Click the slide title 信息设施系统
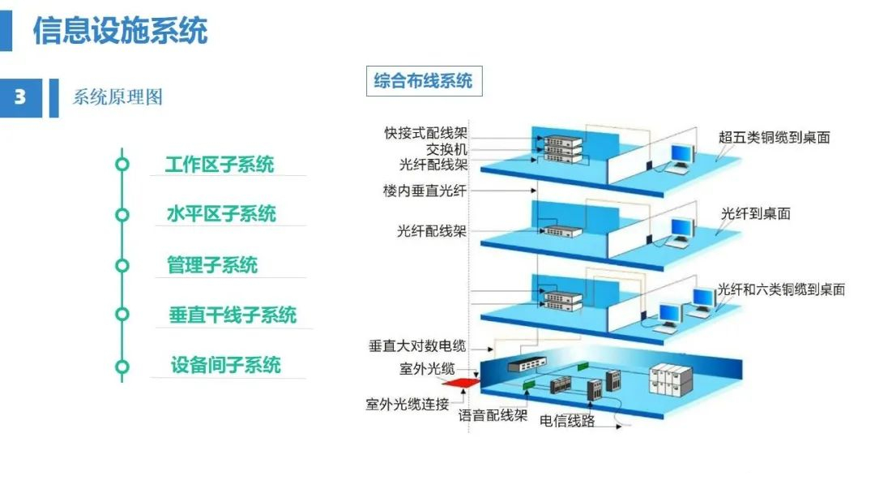click(x=120, y=29)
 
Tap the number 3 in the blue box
click(x=20, y=97)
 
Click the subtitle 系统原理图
click(x=117, y=97)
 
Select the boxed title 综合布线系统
click(x=424, y=81)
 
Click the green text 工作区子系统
click(x=220, y=164)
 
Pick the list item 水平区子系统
click(x=221, y=214)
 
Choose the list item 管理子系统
click(x=212, y=264)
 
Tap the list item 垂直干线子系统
click(x=233, y=315)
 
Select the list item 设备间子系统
click(x=225, y=365)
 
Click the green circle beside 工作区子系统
click(x=122, y=164)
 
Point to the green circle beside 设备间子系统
click(x=122, y=367)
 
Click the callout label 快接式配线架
click(x=426, y=133)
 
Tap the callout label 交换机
click(x=446, y=149)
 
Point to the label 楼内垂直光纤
click(x=425, y=191)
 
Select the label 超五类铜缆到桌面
click(x=774, y=137)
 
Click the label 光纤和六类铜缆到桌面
click(x=781, y=289)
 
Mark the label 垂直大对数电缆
click(x=417, y=346)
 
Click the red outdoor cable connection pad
click(x=461, y=383)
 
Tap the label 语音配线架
click(x=493, y=415)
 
